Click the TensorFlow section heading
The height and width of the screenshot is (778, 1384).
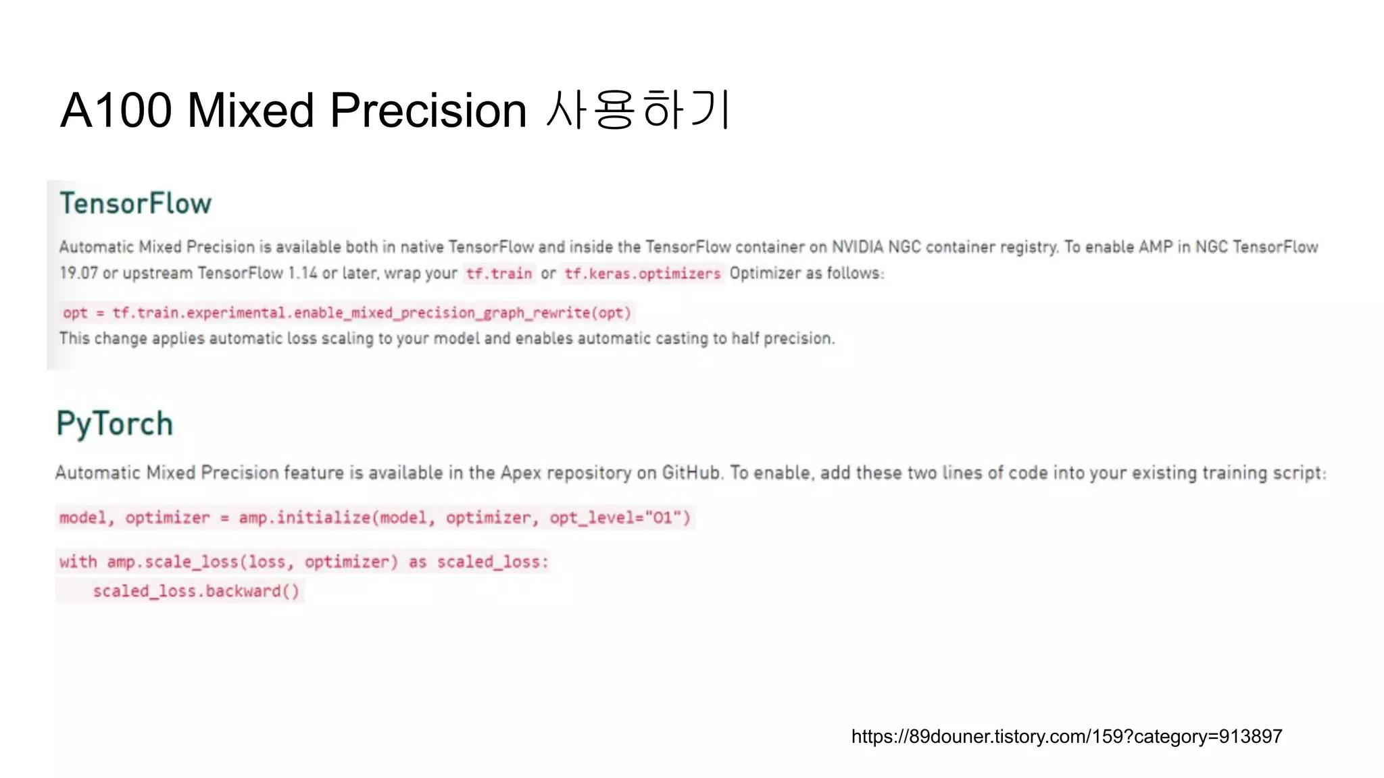135,203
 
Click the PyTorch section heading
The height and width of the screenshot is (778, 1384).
115,424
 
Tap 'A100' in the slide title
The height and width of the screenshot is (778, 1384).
116,110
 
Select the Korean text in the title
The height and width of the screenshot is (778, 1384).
637,110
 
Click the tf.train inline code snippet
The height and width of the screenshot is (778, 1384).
499,274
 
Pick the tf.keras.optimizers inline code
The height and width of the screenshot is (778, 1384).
643,274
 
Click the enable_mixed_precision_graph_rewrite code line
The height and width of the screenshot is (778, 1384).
347,313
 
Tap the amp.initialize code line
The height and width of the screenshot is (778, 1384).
374,518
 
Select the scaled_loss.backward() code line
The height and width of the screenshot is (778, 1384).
196,592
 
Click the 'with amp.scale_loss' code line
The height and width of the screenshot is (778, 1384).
303,562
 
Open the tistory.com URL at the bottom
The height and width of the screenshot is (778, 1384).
1066,736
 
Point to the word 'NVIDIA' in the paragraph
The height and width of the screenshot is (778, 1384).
857,247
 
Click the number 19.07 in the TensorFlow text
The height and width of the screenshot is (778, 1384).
78,274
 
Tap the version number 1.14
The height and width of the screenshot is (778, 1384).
302,274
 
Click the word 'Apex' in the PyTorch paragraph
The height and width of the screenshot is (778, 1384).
520,473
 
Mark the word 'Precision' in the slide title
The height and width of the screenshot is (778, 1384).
428,110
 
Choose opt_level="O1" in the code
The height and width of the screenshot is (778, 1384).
620,518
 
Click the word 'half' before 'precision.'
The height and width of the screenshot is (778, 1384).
745,338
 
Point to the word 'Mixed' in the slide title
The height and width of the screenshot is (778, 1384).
250,110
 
